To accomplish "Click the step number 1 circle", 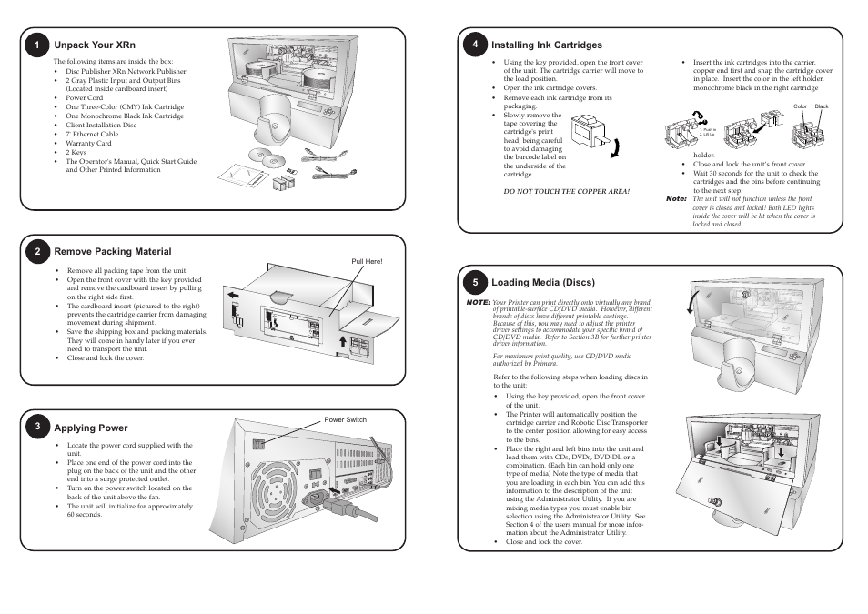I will [x=37, y=45].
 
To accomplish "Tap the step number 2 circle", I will [x=37, y=252].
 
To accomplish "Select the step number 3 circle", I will [x=37, y=428].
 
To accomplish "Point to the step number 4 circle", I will [x=475, y=45].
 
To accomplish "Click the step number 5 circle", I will [x=475, y=282].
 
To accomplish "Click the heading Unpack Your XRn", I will [x=95, y=45].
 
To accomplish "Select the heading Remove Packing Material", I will [x=113, y=252].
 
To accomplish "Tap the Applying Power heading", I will [x=91, y=428].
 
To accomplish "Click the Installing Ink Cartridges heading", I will [x=547, y=45].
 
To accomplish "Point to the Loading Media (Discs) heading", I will [x=542, y=282].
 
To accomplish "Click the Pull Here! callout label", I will [x=368, y=262].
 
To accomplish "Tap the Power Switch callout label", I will [x=346, y=419].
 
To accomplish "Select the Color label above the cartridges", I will [x=801, y=106].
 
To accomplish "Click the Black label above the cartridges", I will [x=822, y=106].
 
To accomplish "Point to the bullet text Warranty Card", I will [x=88, y=143].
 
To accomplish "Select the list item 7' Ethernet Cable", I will [x=92, y=134].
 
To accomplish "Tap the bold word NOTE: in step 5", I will [x=479, y=301].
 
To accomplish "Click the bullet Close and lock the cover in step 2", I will [x=106, y=358].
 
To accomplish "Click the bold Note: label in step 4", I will [x=676, y=198].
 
